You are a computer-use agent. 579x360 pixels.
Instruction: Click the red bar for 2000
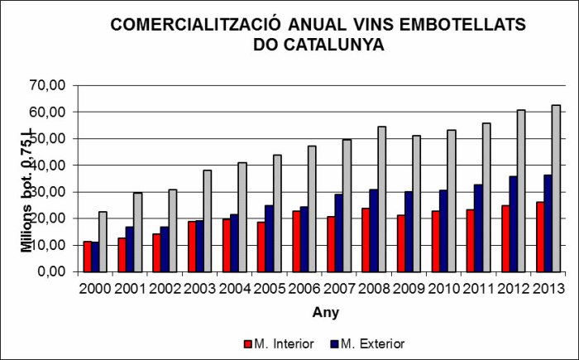87,257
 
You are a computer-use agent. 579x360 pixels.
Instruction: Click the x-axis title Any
324,312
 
